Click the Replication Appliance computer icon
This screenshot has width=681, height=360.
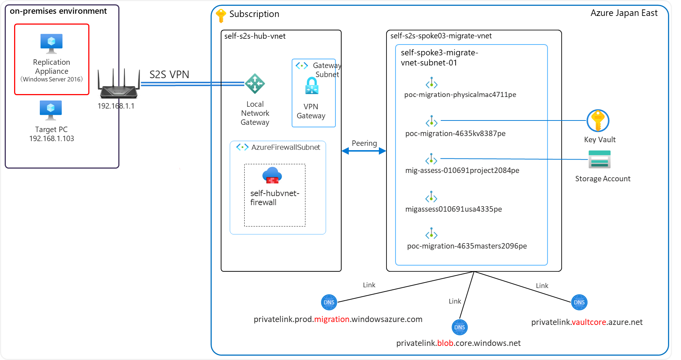(51, 43)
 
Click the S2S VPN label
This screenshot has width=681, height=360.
(169, 75)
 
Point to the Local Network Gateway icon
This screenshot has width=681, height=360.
(255, 84)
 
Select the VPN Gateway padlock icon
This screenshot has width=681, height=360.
(312, 86)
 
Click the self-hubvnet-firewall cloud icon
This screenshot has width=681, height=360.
(272, 175)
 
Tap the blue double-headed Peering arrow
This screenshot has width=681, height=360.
(364, 151)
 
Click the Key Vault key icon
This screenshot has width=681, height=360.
(598, 120)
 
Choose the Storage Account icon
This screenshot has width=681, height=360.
(599, 160)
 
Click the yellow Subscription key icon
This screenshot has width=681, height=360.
(220, 16)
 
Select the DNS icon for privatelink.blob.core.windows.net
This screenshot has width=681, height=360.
(460, 327)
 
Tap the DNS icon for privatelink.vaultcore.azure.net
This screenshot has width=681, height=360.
(579, 302)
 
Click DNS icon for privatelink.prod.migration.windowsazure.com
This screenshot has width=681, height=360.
(329, 302)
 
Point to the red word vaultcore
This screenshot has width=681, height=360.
(589, 322)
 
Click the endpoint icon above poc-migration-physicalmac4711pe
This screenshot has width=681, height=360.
(432, 83)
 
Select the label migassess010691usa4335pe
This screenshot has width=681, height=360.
(453, 209)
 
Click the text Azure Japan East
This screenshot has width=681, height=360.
(624, 13)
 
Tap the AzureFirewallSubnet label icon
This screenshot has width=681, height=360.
(242, 147)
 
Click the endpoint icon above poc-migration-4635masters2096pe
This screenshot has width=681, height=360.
(431, 234)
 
